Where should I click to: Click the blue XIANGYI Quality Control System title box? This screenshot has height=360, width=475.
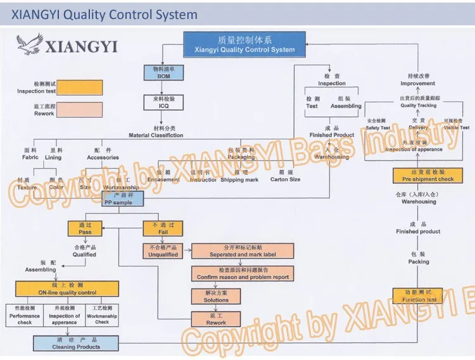click(244, 44)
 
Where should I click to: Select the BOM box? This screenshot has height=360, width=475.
click(164, 72)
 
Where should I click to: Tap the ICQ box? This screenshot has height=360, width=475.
click(164, 103)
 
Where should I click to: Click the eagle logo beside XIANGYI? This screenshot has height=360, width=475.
click(30, 45)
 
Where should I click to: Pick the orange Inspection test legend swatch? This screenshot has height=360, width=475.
click(76, 88)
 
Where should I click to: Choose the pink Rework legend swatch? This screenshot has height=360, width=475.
click(76, 110)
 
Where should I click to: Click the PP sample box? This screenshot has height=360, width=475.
click(123, 199)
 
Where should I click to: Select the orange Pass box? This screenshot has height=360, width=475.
click(85, 228)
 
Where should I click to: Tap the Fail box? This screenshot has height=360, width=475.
click(163, 228)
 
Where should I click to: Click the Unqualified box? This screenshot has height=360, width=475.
click(163, 251)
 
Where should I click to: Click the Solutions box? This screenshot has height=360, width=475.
click(216, 296)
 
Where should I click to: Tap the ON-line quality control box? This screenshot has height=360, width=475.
click(66, 289)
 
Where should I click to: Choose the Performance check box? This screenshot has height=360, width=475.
click(25, 315)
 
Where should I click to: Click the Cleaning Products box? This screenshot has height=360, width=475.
click(76, 343)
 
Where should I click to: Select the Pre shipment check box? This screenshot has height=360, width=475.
click(428, 176)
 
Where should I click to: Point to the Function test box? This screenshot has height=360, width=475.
click(419, 295)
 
